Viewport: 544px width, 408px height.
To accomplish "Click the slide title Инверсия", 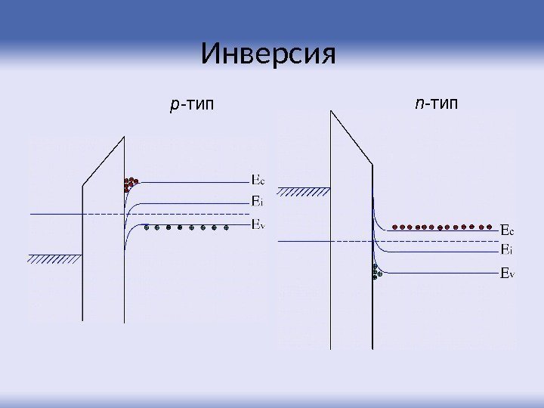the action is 267,54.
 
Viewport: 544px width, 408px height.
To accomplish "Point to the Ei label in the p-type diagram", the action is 257,201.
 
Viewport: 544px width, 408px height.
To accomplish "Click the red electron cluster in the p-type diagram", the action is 131,184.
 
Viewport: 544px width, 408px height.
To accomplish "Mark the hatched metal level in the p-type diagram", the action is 54,258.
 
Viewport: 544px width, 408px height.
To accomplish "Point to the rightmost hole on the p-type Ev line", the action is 227,227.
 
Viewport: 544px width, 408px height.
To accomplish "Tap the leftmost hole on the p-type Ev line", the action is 147,227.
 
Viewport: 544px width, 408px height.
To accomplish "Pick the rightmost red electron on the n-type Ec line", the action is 493,226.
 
